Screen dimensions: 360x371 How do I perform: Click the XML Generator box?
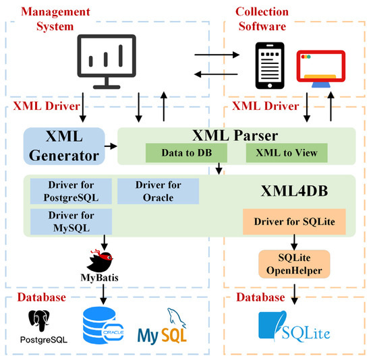point(64,146)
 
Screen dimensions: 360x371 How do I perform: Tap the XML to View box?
point(286,153)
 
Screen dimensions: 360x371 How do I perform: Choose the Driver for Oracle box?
point(158,190)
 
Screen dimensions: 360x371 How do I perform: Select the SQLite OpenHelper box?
point(294,262)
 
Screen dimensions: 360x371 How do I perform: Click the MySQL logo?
point(163,326)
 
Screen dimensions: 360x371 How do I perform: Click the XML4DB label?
point(295,190)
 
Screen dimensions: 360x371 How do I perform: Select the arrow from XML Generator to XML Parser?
point(109,145)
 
